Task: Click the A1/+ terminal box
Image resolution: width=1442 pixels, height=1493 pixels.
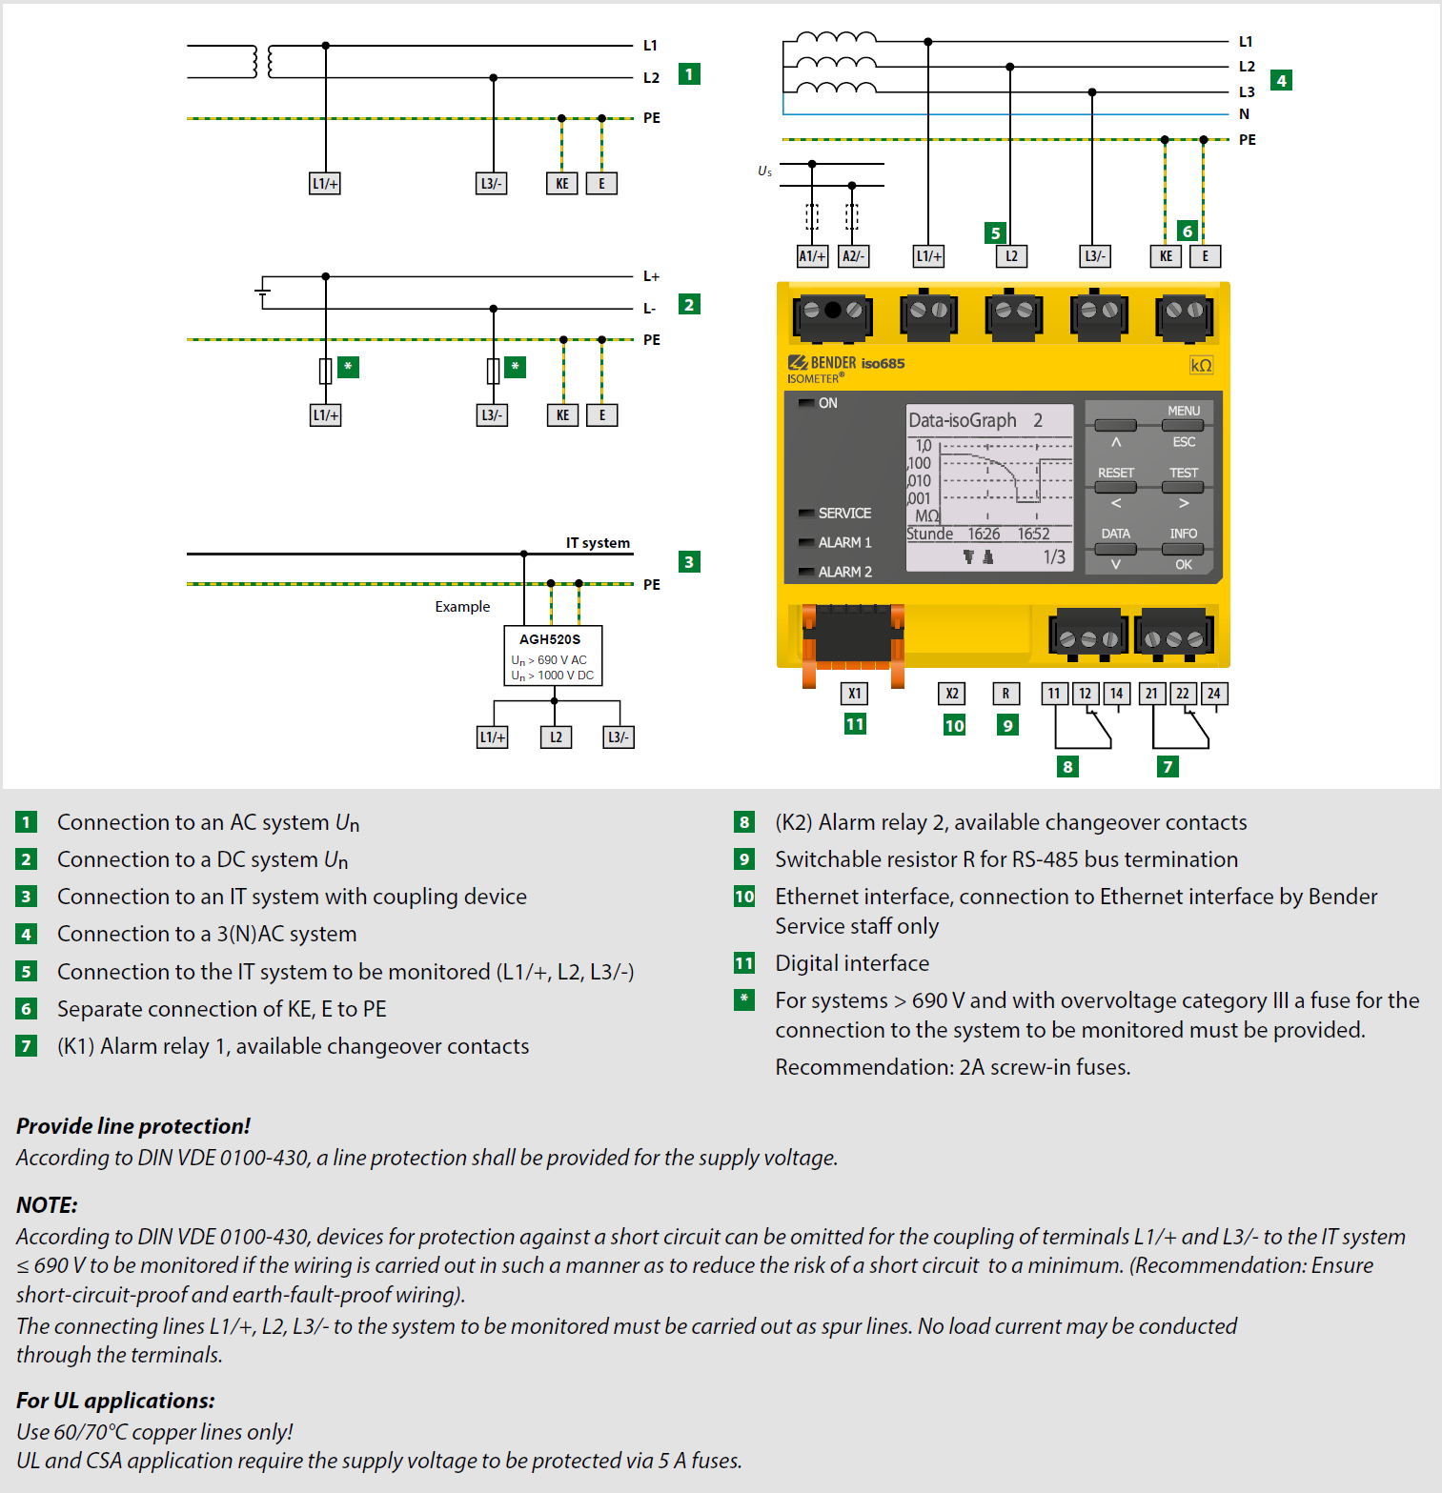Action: [x=812, y=256]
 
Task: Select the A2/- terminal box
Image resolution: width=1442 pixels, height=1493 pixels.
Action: [x=853, y=256]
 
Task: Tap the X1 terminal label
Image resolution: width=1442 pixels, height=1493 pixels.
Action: [x=855, y=694]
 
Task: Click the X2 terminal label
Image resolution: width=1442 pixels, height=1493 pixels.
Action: [x=952, y=694]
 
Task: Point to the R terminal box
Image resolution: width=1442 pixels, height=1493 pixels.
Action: [x=1006, y=694]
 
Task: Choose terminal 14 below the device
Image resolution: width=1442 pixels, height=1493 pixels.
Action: [x=1116, y=694]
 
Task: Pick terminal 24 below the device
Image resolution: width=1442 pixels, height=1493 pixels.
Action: [x=1213, y=694]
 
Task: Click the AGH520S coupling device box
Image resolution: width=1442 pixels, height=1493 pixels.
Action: [x=553, y=656]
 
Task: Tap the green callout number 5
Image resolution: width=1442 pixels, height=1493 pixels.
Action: [x=995, y=232]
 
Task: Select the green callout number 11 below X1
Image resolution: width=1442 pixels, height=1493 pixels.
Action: [x=855, y=724]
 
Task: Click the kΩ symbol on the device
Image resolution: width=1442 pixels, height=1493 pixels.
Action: [x=1201, y=366]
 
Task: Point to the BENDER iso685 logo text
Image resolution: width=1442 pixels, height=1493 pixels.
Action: [x=846, y=363]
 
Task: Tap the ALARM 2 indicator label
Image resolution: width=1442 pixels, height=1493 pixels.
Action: [x=844, y=572]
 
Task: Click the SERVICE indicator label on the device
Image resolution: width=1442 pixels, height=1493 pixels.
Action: [x=844, y=513]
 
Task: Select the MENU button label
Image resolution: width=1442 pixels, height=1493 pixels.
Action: [x=1184, y=411]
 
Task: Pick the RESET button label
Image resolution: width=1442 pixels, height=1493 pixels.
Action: [x=1116, y=473]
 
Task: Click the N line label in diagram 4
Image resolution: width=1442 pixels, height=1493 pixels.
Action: [x=1244, y=114]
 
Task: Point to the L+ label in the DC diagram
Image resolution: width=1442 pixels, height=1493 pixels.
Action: [x=651, y=276]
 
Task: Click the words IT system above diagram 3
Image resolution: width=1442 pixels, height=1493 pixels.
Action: [x=598, y=543]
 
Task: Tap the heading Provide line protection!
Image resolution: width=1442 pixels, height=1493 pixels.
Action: [x=133, y=1126]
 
